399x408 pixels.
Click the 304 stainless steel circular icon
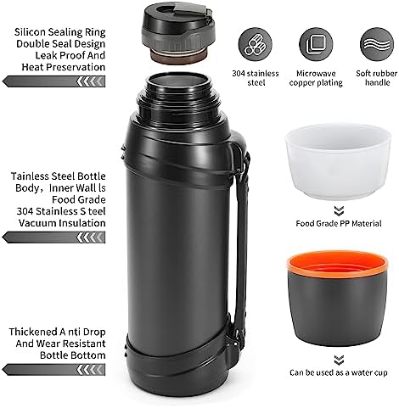coord(255,44)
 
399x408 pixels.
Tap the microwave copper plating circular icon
coord(316,44)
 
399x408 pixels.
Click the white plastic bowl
coord(339,161)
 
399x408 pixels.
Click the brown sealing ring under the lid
coord(177,56)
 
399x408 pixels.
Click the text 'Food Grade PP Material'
coord(339,224)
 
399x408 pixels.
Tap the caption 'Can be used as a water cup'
coord(339,372)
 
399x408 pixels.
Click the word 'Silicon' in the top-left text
coord(30,32)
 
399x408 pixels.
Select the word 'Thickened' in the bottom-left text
coord(33,332)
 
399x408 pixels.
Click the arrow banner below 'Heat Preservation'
coord(53,81)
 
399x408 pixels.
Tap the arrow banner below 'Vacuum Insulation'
coord(53,238)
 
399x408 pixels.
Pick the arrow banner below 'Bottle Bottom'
coord(53,370)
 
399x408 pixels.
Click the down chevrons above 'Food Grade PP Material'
coord(339,211)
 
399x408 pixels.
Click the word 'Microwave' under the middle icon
coord(316,74)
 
